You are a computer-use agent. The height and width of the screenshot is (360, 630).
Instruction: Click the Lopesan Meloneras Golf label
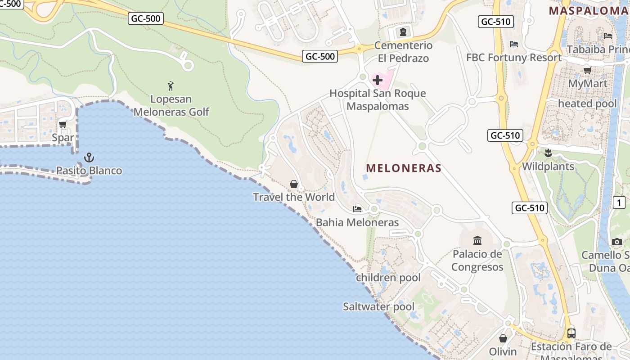coord(171,105)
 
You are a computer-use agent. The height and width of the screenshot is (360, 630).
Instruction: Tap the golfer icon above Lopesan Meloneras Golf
coord(171,85)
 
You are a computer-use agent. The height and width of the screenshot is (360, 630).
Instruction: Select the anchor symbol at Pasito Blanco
coord(89,157)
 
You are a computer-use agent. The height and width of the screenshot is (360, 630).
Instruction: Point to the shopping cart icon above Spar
coord(63,124)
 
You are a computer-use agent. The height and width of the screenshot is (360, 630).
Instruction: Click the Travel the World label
coord(293,197)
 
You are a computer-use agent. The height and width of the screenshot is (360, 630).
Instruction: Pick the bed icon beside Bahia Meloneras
coord(357,209)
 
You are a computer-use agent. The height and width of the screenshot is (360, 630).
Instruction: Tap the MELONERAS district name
coord(404,168)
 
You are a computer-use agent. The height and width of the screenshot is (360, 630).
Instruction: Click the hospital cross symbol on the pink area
coord(378,80)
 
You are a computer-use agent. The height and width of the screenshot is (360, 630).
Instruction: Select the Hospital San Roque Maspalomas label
coord(378,100)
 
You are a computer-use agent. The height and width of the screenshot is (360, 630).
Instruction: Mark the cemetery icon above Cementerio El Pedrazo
coord(403,32)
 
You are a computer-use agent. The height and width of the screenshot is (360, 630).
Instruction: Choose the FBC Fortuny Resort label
coord(514,58)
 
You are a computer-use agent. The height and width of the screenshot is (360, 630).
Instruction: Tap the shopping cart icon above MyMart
coord(587,70)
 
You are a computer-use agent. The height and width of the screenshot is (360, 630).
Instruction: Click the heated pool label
coord(587,103)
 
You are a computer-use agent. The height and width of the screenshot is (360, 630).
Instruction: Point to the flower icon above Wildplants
coord(548,153)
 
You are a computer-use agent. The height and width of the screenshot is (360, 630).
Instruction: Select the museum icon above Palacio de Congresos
coord(477,240)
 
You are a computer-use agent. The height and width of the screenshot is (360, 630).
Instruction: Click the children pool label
coord(388,278)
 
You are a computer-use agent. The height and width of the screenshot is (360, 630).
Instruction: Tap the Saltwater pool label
coord(378,307)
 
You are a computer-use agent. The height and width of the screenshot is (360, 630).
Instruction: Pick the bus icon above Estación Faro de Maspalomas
coord(571,333)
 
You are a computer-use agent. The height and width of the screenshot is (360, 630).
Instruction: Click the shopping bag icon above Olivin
coord(503,338)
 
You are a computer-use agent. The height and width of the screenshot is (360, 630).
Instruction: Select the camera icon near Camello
coord(617,242)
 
